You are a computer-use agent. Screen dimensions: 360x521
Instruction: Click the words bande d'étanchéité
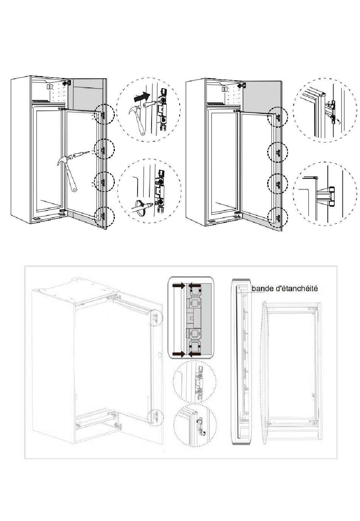pos(285,289)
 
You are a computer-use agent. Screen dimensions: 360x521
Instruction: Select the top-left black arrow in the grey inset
pos(178,287)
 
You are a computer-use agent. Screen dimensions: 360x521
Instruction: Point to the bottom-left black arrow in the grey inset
pos(178,354)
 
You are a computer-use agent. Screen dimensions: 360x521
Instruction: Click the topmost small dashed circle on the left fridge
pos(104,114)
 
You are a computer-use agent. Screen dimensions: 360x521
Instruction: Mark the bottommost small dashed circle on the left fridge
pos(104,218)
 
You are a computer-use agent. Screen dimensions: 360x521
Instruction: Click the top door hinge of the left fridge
pos(67,83)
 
